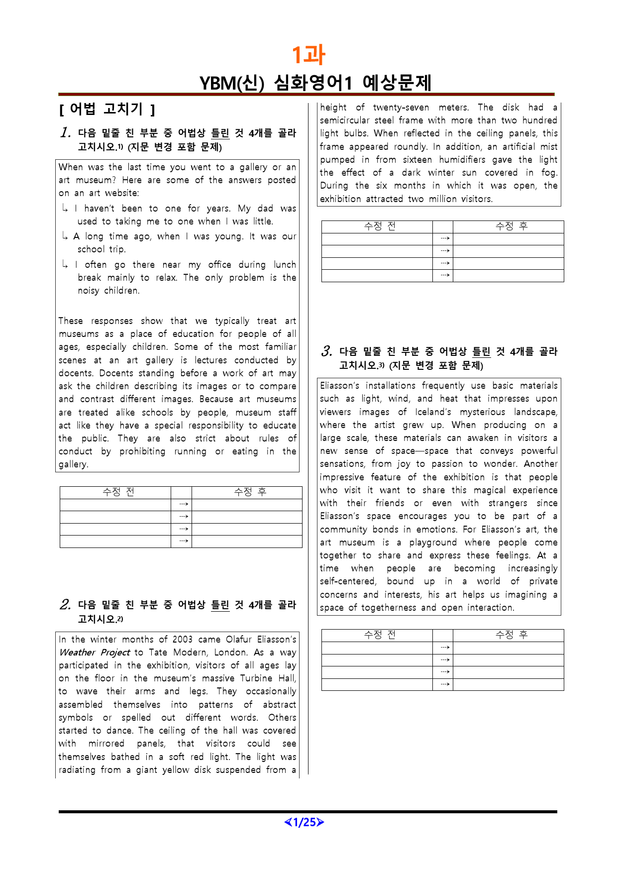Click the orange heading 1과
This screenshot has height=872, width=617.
pos(308,55)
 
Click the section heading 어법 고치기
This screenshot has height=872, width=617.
pos(106,109)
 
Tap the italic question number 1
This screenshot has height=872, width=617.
pos(65,133)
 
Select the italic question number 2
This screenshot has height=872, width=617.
pos(65,605)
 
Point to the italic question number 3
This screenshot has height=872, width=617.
pos(326,352)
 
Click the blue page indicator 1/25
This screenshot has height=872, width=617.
pos(304,822)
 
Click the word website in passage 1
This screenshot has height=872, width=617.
pos(121,193)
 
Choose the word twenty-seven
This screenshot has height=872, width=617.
pos(401,108)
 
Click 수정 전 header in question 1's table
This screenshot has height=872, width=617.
pos(118,492)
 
